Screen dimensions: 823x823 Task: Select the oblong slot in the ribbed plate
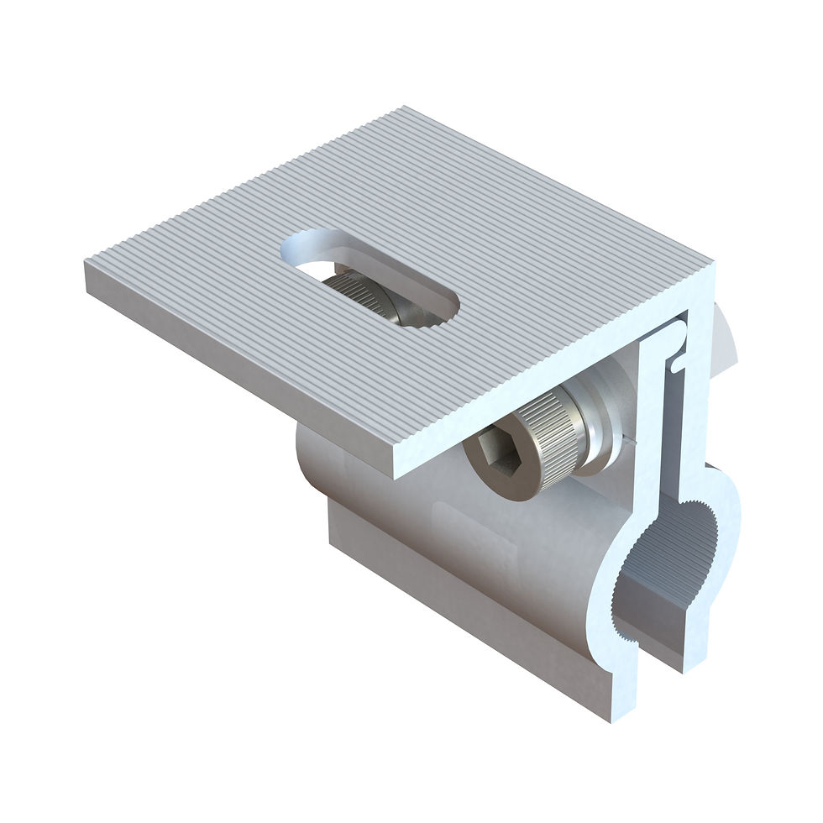[x=370, y=274]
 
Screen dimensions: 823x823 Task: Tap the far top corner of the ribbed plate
[x=404, y=108]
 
